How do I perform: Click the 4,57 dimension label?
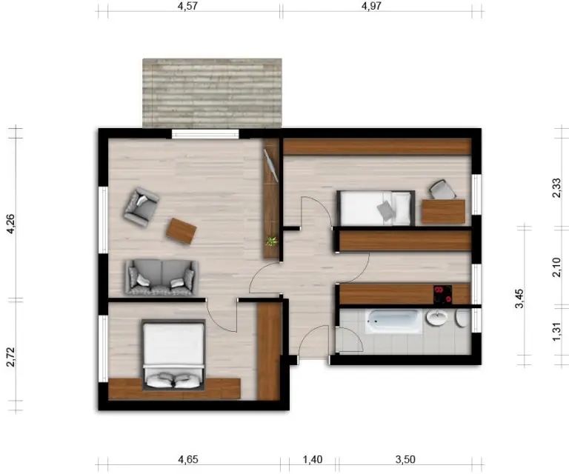coord(187,6)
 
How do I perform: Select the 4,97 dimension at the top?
coord(371,6)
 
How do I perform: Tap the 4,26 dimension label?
coord(10,224)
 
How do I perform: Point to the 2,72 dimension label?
coord(10,357)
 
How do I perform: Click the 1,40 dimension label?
coord(313,459)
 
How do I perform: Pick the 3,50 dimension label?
coord(405,459)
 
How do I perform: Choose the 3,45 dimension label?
coord(519,298)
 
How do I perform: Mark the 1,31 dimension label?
coord(556,332)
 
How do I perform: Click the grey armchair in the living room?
coord(142,207)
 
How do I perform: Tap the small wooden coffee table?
coord(182,231)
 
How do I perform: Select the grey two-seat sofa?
coord(162,277)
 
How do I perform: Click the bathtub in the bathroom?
coord(393,321)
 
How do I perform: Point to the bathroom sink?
coord(437,318)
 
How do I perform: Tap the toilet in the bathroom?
coord(462,318)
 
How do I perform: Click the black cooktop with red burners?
coord(443,294)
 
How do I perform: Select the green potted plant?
coord(271,241)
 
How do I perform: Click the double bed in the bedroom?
coord(174,355)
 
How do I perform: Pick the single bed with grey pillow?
coord(376,208)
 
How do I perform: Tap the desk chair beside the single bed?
coord(442,190)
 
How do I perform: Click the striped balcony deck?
coord(212,93)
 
